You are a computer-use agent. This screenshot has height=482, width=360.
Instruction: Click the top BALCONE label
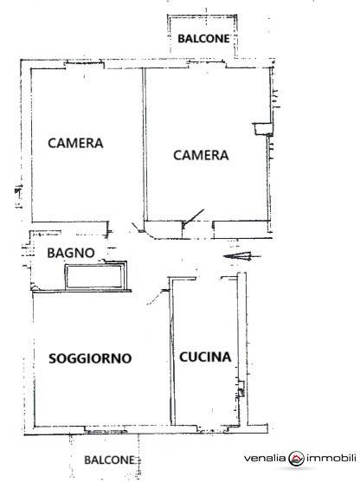[x=203, y=38]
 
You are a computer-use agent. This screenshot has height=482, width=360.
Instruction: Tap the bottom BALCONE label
[x=109, y=460]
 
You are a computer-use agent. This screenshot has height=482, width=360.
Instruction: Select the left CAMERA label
[x=75, y=143]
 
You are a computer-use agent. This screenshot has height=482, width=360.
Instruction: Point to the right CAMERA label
[x=201, y=155]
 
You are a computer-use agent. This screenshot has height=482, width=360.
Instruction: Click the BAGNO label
[x=71, y=253]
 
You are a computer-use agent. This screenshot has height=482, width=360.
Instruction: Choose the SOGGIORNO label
[x=90, y=358]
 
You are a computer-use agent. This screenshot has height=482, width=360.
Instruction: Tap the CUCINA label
[x=205, y=357]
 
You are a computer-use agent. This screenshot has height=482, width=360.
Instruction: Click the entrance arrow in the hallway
[x=241, y=256]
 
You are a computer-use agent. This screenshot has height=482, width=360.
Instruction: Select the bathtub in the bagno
[x=94, y=277]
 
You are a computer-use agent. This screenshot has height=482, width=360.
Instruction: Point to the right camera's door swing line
[x=194, y=216]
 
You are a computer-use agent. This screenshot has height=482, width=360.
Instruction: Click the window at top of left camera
[x=84, y=64]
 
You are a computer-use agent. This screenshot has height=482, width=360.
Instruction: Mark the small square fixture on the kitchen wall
[x=241, y=389]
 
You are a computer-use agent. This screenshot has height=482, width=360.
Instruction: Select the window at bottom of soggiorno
[x=106, y=430]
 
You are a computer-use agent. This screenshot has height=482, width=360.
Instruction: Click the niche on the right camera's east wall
[x=262, y=129]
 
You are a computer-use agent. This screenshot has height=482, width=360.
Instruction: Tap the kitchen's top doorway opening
[x=209, y=279]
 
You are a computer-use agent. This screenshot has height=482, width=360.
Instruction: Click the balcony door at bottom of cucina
[x=213, y=429]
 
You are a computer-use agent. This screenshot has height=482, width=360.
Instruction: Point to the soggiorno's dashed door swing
[x=157, y=297]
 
